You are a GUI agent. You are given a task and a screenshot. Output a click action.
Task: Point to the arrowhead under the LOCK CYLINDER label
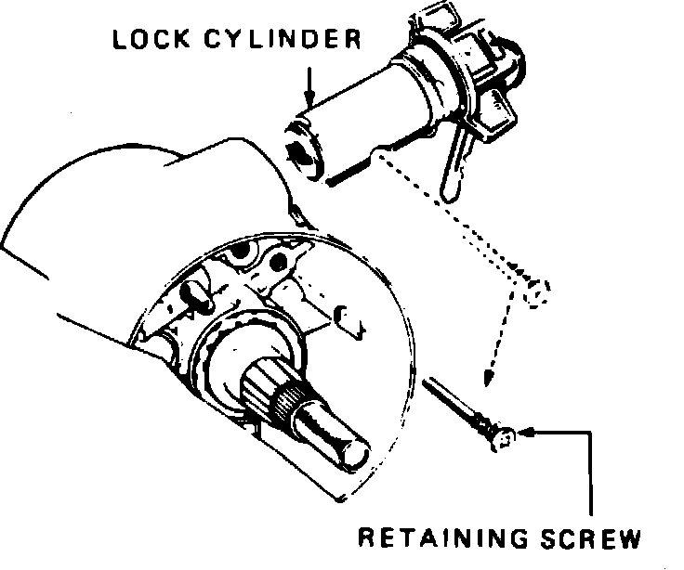click(310, 99)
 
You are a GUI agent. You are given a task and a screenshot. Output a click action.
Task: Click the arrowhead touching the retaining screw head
click(528, 433)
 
